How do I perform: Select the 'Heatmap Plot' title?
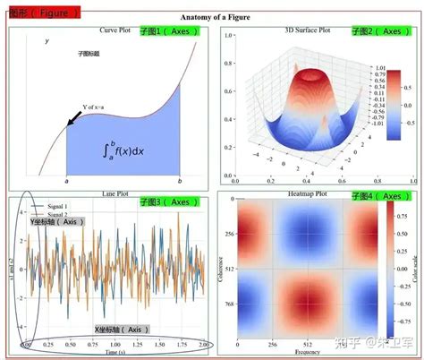pos(308,194)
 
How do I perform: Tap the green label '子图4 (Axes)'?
pos(378,195)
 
